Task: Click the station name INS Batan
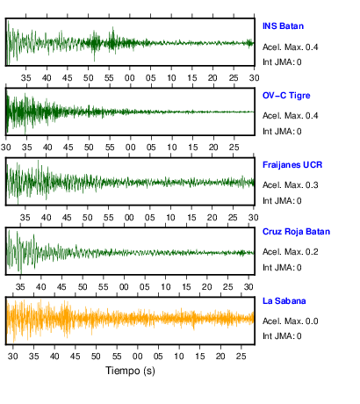pos(283,26)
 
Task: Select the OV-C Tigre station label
pos(286,96)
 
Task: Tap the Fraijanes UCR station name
pos(292,165)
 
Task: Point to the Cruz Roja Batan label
pos(296,232)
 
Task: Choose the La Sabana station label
pos(284,301)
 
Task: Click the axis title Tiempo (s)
pos(130,371)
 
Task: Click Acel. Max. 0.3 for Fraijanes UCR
pos(290,185)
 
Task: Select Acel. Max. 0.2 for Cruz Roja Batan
pos(290,252)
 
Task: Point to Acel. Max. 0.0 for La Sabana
pos(290,321)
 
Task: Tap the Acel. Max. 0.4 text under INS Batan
pos(290,47)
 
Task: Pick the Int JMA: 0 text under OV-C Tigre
pos(282,132)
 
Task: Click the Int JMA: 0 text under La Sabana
pos(282,335)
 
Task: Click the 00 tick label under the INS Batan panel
pos(130,78)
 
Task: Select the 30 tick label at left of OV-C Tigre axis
pos(5,148)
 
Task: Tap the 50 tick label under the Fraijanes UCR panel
pos(88,218)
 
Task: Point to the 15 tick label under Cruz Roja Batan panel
pos(186,287)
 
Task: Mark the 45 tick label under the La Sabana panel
pos(75,357)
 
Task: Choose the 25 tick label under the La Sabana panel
pos(241,357)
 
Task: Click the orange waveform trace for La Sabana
pos(130,319)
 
